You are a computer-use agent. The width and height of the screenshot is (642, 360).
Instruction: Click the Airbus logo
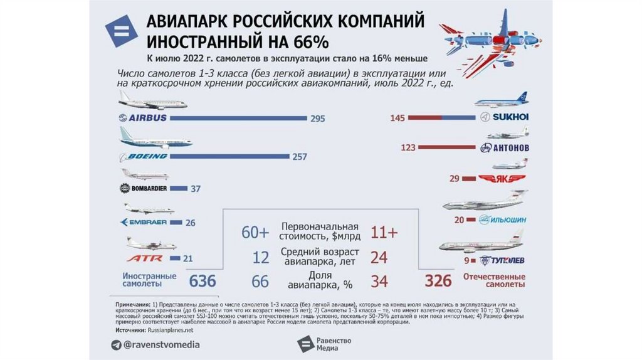(143, 118)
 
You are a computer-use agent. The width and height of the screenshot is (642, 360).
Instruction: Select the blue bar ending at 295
(238, 118)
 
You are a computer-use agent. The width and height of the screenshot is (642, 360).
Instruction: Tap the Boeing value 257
(300, 156)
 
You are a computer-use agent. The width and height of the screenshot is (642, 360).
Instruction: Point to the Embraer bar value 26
(191, 223)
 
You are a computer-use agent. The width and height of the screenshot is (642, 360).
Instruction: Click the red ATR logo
(145, 258)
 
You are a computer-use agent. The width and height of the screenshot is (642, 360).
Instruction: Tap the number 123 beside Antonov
(408, 148)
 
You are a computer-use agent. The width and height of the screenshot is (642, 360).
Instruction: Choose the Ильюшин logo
(502, 220)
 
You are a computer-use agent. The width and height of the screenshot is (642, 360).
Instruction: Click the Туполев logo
(502, 261)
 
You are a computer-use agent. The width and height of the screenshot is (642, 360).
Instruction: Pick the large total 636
(203, 280)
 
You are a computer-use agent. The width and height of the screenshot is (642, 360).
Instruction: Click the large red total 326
(438, 280)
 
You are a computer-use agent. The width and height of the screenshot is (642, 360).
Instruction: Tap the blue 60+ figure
(255, 233)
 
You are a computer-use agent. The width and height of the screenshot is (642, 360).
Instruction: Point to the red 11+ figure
(384, 233)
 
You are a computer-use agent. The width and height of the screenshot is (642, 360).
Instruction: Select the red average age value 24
(379, 257)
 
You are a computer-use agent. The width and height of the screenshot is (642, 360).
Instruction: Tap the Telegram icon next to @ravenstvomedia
(116, 344)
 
